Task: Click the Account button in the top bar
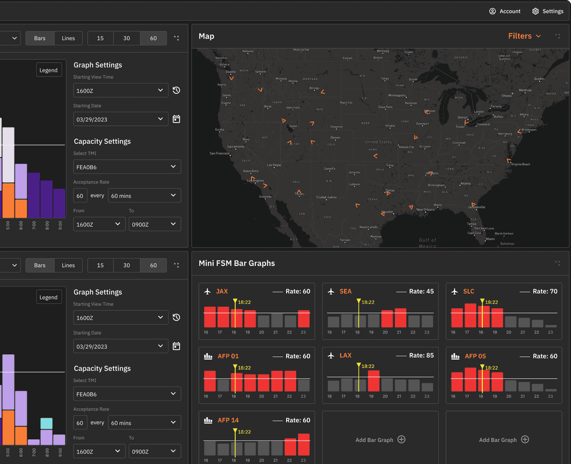(x=505, y=11)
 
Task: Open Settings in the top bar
(x=548, y=11)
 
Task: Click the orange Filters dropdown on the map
(x=524, y=36)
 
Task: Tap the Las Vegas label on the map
(x=274, y=165)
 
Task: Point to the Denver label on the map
(x=335, y=138)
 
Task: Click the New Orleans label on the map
(x=425, y=210)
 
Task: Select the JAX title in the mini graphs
(x=222, y=291)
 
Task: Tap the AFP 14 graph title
(x=228, y=420)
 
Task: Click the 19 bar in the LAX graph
(x=374, y=381)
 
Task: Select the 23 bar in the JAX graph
(x=303, y=319)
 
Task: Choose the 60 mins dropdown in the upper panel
(x=144, y=196)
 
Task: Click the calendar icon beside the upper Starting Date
(x=176, y=119)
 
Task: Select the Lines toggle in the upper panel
(x=68, y=38)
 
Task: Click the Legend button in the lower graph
(x=49, y=297)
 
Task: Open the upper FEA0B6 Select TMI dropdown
(x=127, y=167)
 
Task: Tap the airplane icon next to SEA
(x=331, y=292)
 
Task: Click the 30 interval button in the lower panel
(x=127, y=265)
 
